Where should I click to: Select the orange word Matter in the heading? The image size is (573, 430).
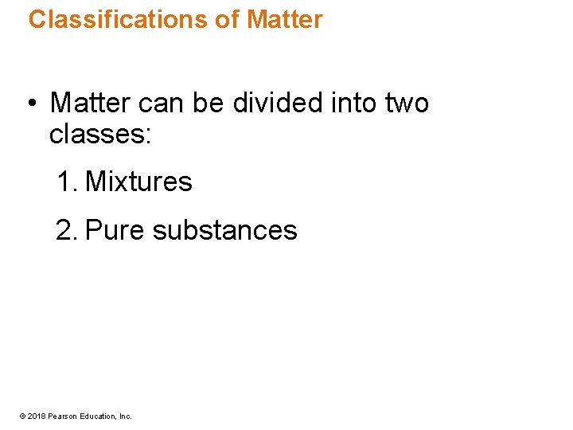click(285, 19)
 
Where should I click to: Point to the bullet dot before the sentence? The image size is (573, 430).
click(29, 104)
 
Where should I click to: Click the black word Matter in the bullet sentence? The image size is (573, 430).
click(90, 103)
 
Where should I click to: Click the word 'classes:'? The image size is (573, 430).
click(99, 135)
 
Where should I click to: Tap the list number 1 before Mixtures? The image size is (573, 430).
click(65, 182)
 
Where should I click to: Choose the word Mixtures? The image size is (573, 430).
click(138, 182)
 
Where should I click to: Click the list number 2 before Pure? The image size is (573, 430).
click(65, 230)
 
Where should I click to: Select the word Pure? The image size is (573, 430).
click(115, 230)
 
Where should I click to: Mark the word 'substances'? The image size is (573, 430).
click(224, 230)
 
